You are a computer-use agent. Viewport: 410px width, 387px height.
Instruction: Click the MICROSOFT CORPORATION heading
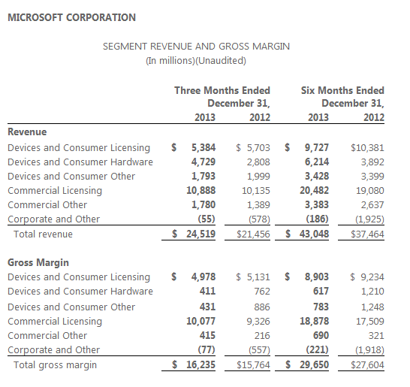click(x=71, y=17)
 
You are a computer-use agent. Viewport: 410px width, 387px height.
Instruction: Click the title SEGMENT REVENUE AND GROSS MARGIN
click(x=196, y=47)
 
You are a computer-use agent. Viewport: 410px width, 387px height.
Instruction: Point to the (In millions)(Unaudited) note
click(x=196, y=60)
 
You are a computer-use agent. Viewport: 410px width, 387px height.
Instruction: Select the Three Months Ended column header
click(x=222, y=90)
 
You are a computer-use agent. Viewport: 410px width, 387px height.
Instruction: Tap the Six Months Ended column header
click(x=342, y=90)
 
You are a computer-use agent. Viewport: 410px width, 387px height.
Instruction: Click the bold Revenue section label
click(x=27, y=132)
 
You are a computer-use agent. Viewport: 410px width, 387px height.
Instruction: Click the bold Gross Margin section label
click(x=38, y=262)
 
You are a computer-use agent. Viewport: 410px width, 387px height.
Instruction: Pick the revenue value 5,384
click(x=203, y=147)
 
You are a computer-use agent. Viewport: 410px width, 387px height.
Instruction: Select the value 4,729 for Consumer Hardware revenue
click(x=203, y=162)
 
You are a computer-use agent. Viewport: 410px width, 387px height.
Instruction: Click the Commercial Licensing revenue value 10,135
click(x=256, y=190)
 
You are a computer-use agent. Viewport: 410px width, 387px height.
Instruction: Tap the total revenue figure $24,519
click(x=194, y=234)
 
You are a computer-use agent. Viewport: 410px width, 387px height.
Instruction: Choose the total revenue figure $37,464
click(x=367, y=234)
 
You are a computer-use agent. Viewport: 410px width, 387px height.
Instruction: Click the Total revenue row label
click(x=43, y=234)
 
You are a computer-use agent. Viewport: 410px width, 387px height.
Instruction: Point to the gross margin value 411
click(x=207, y=291)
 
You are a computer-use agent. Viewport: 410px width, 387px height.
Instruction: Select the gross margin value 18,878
click(x=315, y=321)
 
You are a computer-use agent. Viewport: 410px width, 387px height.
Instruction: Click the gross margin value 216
click(x=262, y=335)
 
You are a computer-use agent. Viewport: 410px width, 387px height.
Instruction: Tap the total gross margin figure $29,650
click(x=307, y=364)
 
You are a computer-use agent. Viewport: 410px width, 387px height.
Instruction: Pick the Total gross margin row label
click(x=55, y=365)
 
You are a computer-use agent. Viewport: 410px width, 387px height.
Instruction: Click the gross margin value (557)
click(x=259, y=350)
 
